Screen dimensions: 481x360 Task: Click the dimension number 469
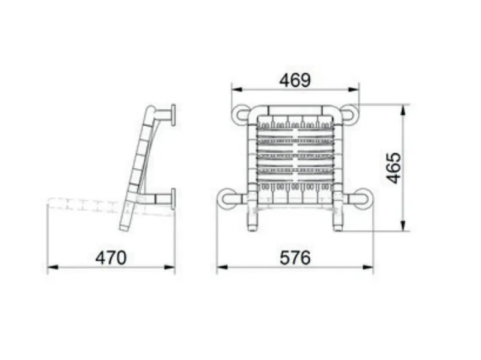(295, 81)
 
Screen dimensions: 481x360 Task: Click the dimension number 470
(111, 258)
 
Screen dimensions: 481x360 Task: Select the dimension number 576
(295, 258)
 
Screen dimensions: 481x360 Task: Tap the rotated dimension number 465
(394, 168)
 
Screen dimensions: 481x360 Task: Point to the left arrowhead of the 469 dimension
(237, 90)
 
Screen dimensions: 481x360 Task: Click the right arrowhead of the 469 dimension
(354, 90)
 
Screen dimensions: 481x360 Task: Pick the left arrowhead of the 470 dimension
(52, 267)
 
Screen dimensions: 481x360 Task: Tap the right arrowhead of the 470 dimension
(170, 267)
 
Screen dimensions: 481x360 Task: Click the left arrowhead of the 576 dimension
(222, 267)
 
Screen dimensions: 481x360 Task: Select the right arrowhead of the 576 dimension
(368, 267)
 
